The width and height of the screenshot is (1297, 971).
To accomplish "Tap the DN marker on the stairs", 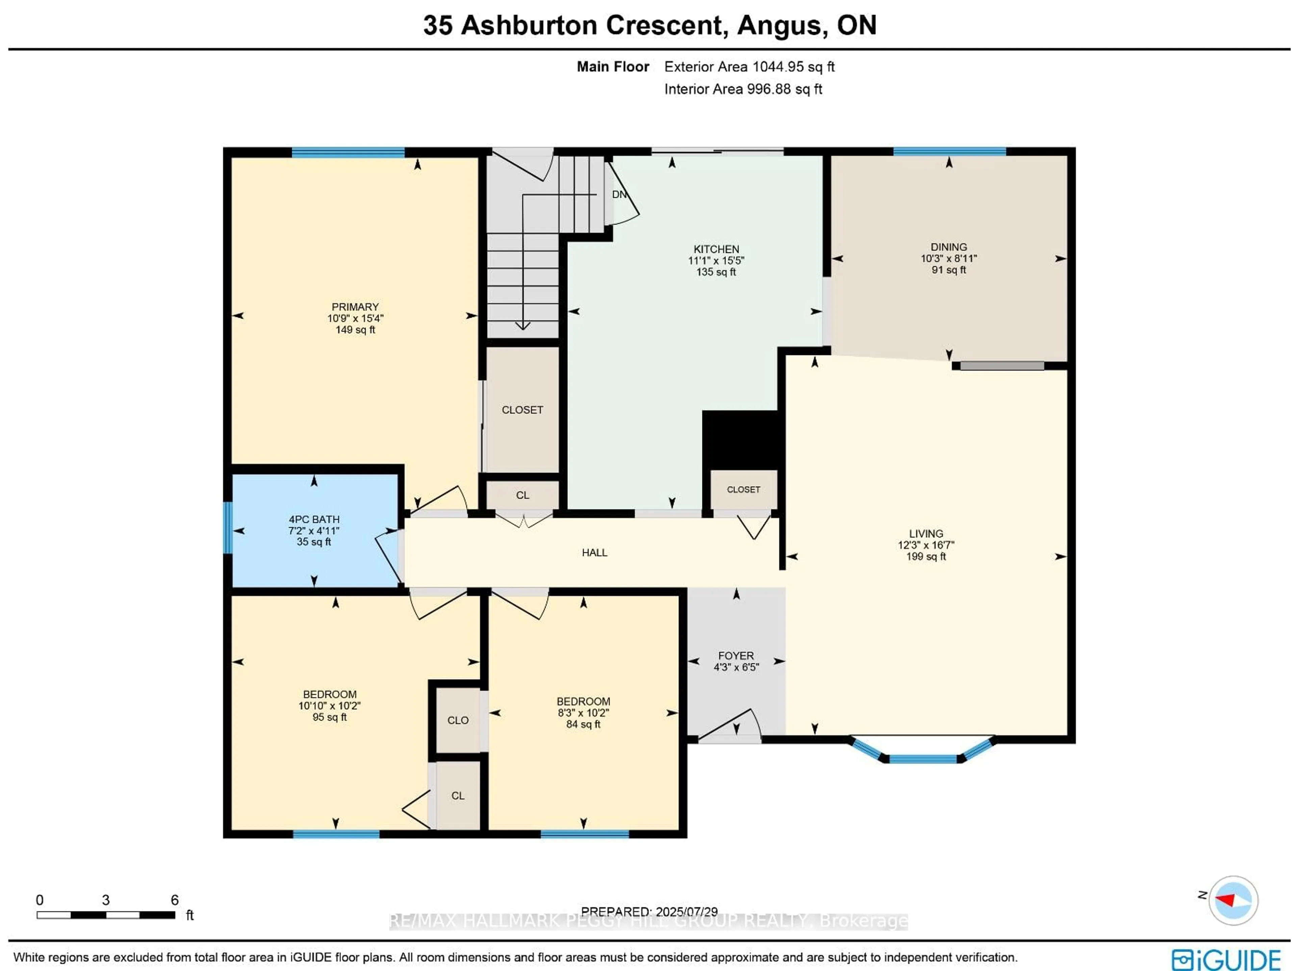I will click(x=618, y=194).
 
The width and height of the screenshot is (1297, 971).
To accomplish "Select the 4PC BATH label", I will click(x=314, y=519).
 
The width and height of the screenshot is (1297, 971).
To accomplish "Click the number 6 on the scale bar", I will click(x=174, y=899).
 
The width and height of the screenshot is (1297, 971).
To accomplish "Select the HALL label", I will click(x=594, y=552).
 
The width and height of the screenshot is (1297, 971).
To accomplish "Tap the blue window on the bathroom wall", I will click(x=228, y=527).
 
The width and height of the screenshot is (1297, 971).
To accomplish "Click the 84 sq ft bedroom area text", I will click(x=583, y=724).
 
